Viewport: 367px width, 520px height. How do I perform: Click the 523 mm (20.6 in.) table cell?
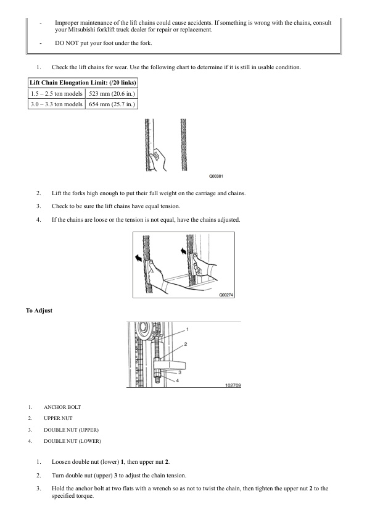pos(112,93)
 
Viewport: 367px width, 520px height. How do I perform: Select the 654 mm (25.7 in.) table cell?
pos(112,104)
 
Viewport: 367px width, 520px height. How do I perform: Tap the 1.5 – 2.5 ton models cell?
pos(57,93)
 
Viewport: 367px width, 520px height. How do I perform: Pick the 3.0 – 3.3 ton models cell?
pos(57,104)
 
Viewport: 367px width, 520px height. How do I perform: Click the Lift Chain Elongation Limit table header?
pos(83,83)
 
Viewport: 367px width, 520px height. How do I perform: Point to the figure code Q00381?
pos(216,176)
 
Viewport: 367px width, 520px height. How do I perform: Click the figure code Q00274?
pos(226,295)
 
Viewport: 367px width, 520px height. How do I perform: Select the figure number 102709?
pos(233,385)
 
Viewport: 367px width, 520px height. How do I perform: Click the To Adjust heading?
pos(39,311)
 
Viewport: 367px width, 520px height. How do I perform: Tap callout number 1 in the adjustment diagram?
pos(188,329)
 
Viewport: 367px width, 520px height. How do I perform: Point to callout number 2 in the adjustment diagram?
pos(186,344)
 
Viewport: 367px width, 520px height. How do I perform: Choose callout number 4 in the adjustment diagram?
pos(178,380)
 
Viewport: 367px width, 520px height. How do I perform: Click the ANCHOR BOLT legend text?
pos(62,407)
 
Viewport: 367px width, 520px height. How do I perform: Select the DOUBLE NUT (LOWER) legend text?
pos(73,441)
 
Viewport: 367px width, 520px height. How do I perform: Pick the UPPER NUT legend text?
pos(58,418)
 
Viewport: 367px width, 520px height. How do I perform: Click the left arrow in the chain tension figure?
pos(138,258)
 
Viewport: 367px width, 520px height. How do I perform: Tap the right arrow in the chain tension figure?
pos(183,251)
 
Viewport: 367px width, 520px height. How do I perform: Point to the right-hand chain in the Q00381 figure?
pos(184,145)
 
